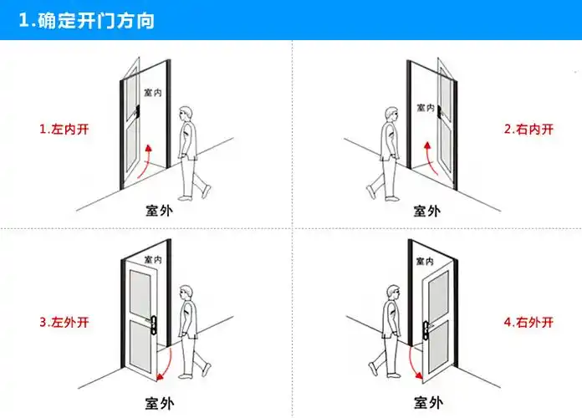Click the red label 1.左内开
click(64, 130)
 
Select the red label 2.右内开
click(528, 130)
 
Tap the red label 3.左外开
click(64, 321)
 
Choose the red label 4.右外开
click(528, 321)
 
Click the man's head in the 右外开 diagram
click(391, 293)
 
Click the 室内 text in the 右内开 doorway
click(424, 105)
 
